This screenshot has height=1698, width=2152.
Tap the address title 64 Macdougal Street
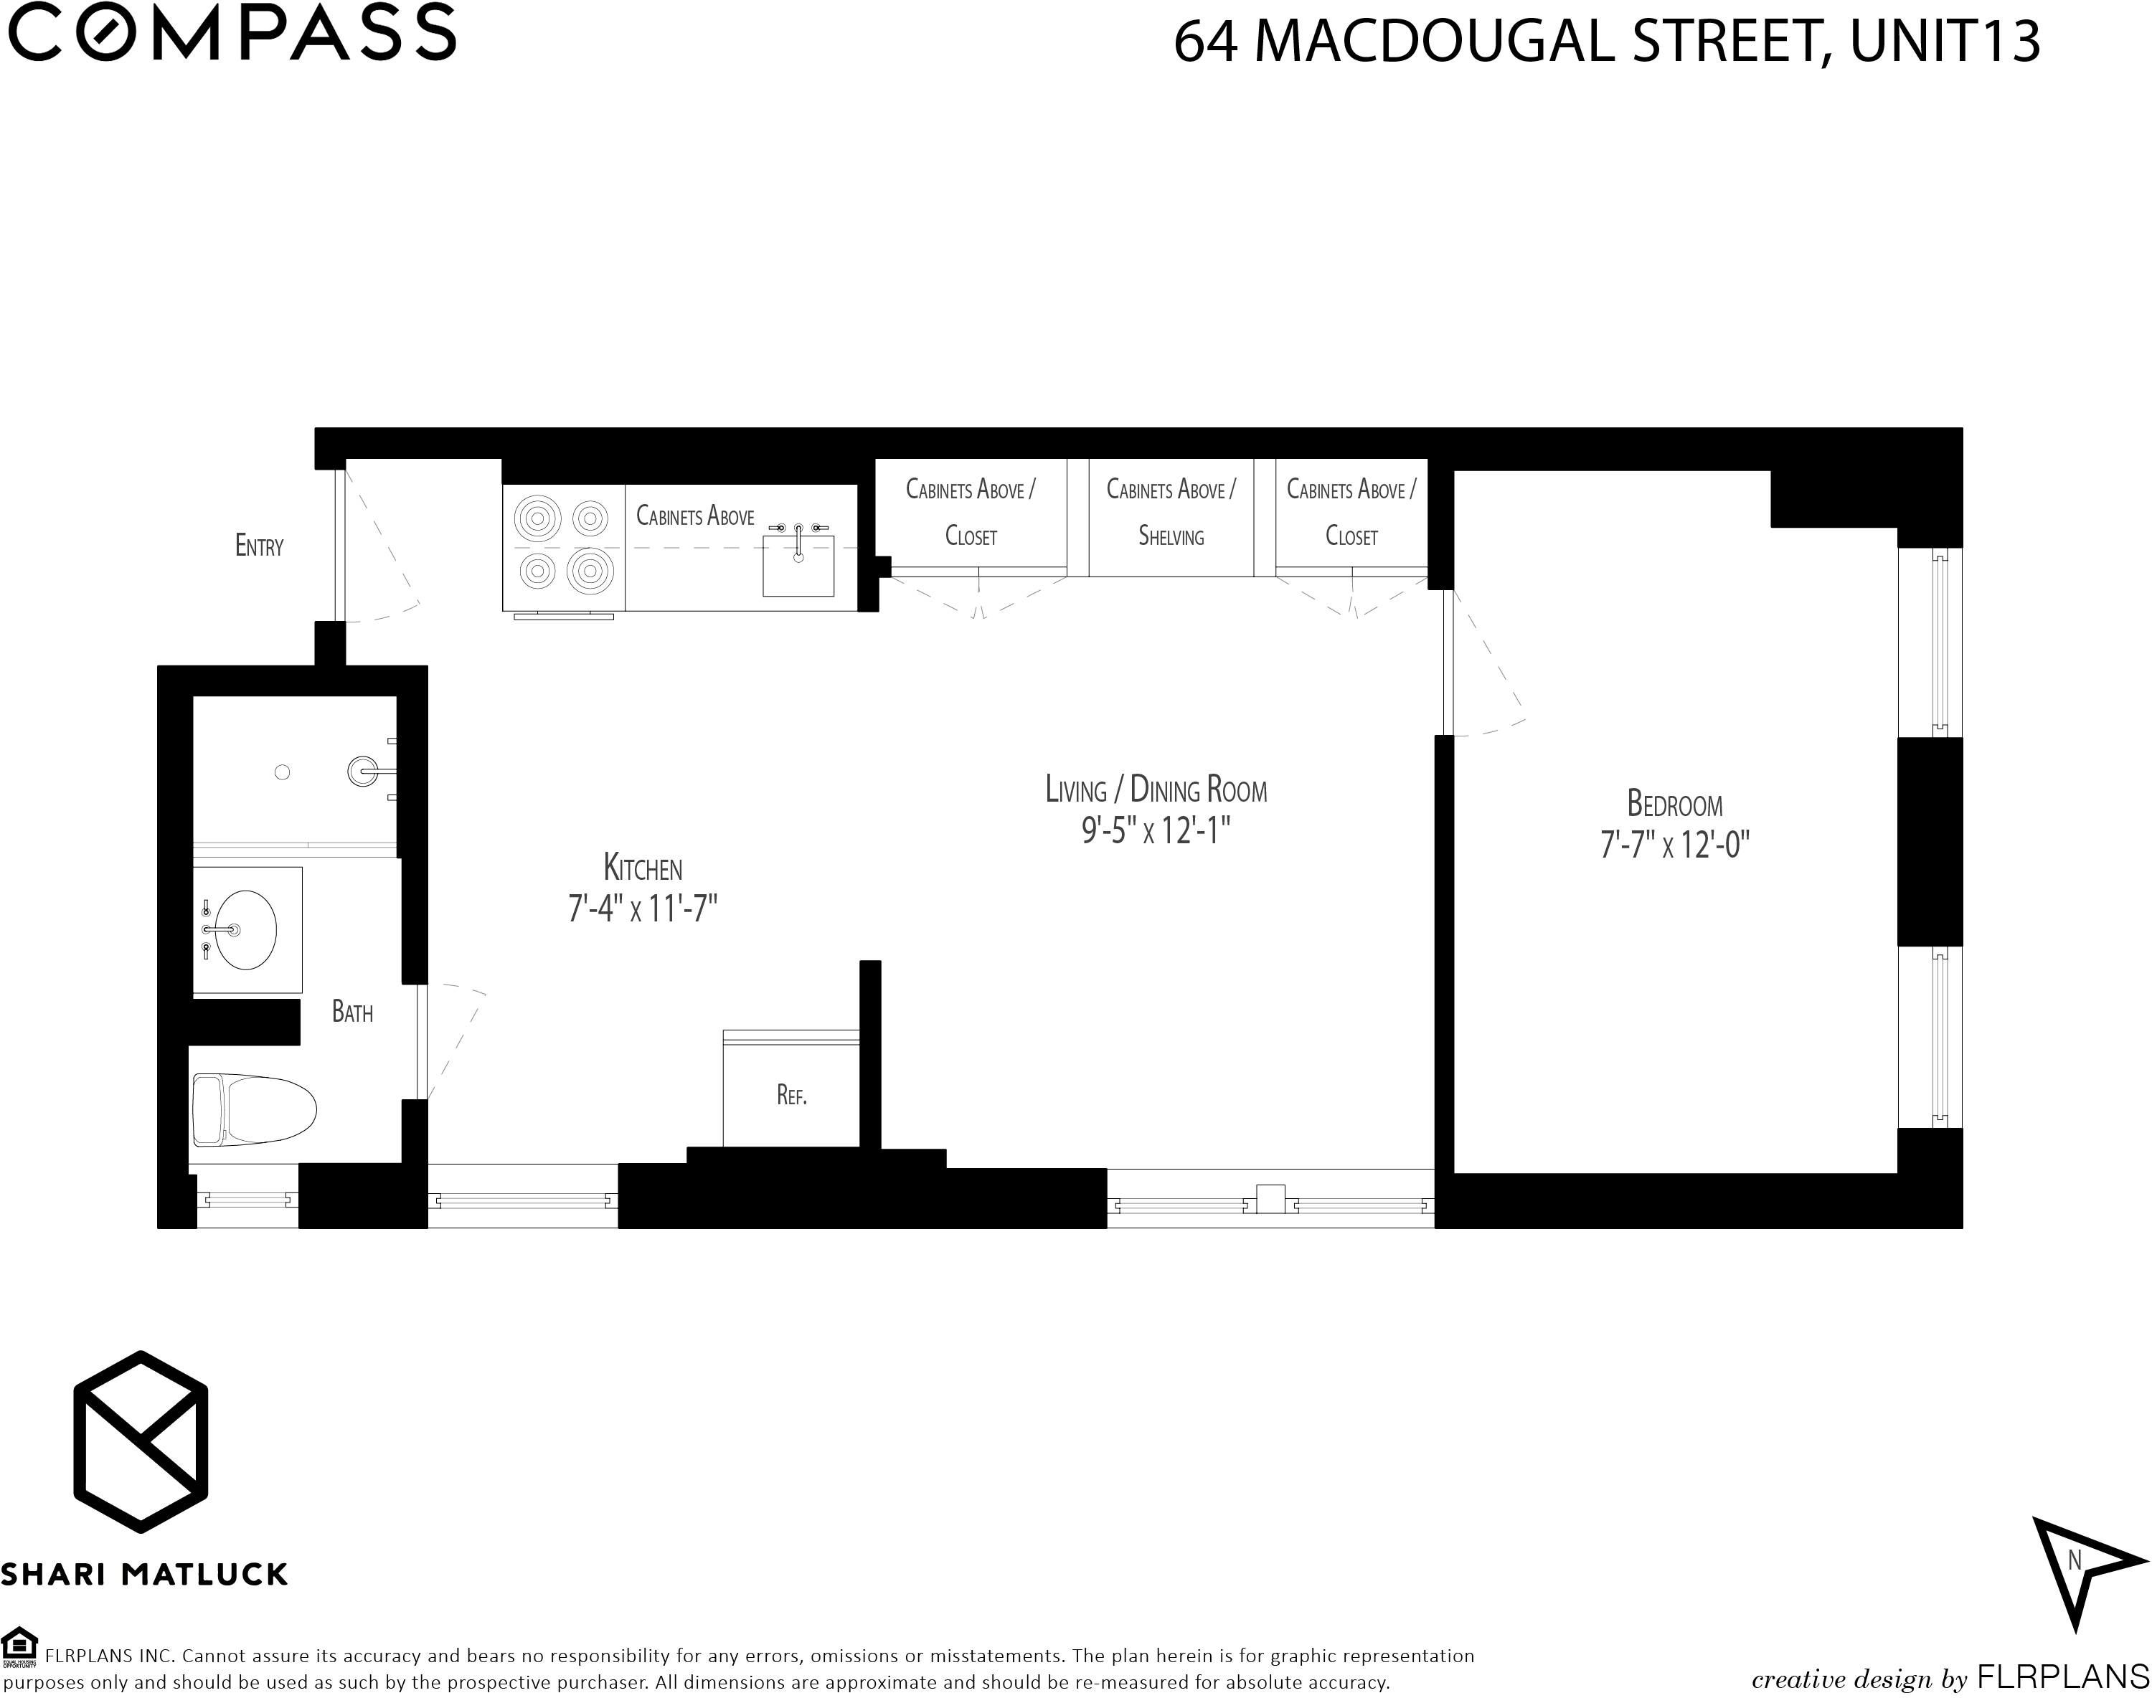click(x=1491, y=42)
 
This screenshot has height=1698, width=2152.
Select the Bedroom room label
click(x=1675, y=803)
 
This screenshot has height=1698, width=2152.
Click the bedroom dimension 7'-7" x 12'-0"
click(x=1675, y=845)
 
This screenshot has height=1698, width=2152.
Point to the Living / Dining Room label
click(x=1156, y=789)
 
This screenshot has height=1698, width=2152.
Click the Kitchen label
click(x=643, y=868)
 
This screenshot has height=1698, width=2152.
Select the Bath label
click(x=352, y=1012)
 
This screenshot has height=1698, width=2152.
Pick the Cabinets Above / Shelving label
click(x=1171, y=512)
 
